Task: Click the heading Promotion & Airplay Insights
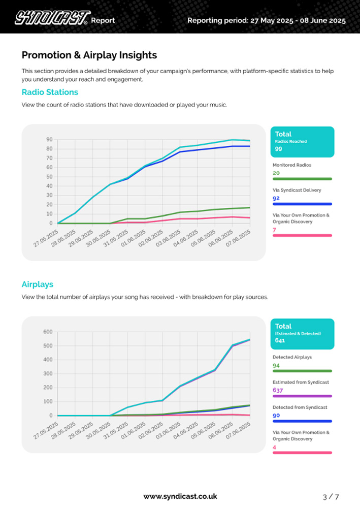(89, 55)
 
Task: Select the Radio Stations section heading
(50, 92)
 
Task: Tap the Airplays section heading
(37, 284)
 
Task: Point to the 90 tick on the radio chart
(49, 140)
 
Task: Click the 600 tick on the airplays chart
(48, 332)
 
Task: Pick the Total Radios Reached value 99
(278, 149)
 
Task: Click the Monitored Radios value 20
(276, 173)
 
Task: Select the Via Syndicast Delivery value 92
(276, 198)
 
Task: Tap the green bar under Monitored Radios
(302, 179)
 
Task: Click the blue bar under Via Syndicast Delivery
(302, 204)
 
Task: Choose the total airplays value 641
(280, 341)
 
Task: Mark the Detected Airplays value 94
(276, 365)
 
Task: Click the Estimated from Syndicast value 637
(278, 390)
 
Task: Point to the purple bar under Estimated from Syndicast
(302, 396)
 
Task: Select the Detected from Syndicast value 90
(276, 415)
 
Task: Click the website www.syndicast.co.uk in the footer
(180, 496)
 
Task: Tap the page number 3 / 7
(331, 496)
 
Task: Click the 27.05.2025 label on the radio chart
(45, 238)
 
